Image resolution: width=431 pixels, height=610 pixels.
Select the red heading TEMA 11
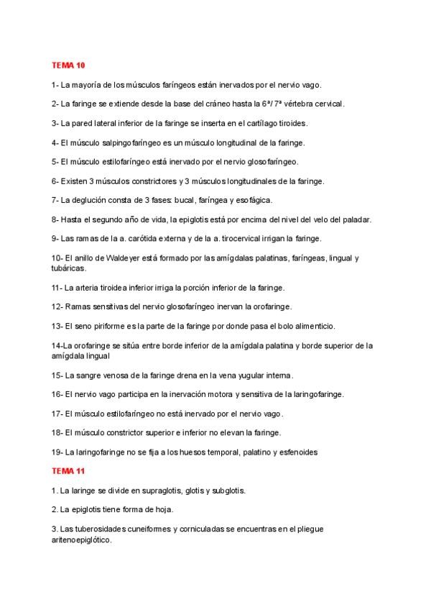(69, 472)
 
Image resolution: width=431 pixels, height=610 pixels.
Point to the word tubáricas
(69, 268)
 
